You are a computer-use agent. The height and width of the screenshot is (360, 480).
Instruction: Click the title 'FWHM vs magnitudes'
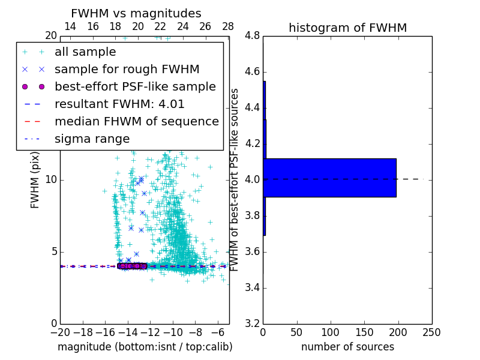pos(136,13)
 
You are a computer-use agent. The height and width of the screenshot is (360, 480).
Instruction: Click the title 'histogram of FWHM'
pos(347,28)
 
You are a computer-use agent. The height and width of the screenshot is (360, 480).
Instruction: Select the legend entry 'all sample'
pos(85,52)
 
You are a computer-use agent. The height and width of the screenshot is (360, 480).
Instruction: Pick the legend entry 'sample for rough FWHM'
pos(127,70)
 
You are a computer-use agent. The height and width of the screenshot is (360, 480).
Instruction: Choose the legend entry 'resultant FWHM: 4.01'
pos(119,104)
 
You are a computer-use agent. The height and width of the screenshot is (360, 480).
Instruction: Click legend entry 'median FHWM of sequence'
pos(136,122)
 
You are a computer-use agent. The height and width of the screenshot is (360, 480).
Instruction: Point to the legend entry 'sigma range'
pos(92,139)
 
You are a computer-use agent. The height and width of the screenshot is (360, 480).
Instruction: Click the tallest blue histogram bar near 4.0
pos(329,178)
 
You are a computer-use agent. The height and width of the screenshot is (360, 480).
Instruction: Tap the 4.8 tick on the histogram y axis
pos(253,36)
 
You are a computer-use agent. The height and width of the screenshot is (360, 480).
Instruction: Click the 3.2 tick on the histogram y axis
pos(253,323)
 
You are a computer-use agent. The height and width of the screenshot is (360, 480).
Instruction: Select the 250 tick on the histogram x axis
pos(431,332)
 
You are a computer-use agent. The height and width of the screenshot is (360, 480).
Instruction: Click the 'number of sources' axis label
pos(347,347)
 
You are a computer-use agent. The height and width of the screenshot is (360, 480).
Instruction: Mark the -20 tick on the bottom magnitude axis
pos(60,332)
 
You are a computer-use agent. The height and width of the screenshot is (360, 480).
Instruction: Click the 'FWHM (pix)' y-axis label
pos(35,180)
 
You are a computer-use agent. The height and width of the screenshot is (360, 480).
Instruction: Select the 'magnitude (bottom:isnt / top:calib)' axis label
pos(145,347)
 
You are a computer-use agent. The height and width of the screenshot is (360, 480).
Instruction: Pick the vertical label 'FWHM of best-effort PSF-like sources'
pos(235,180)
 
